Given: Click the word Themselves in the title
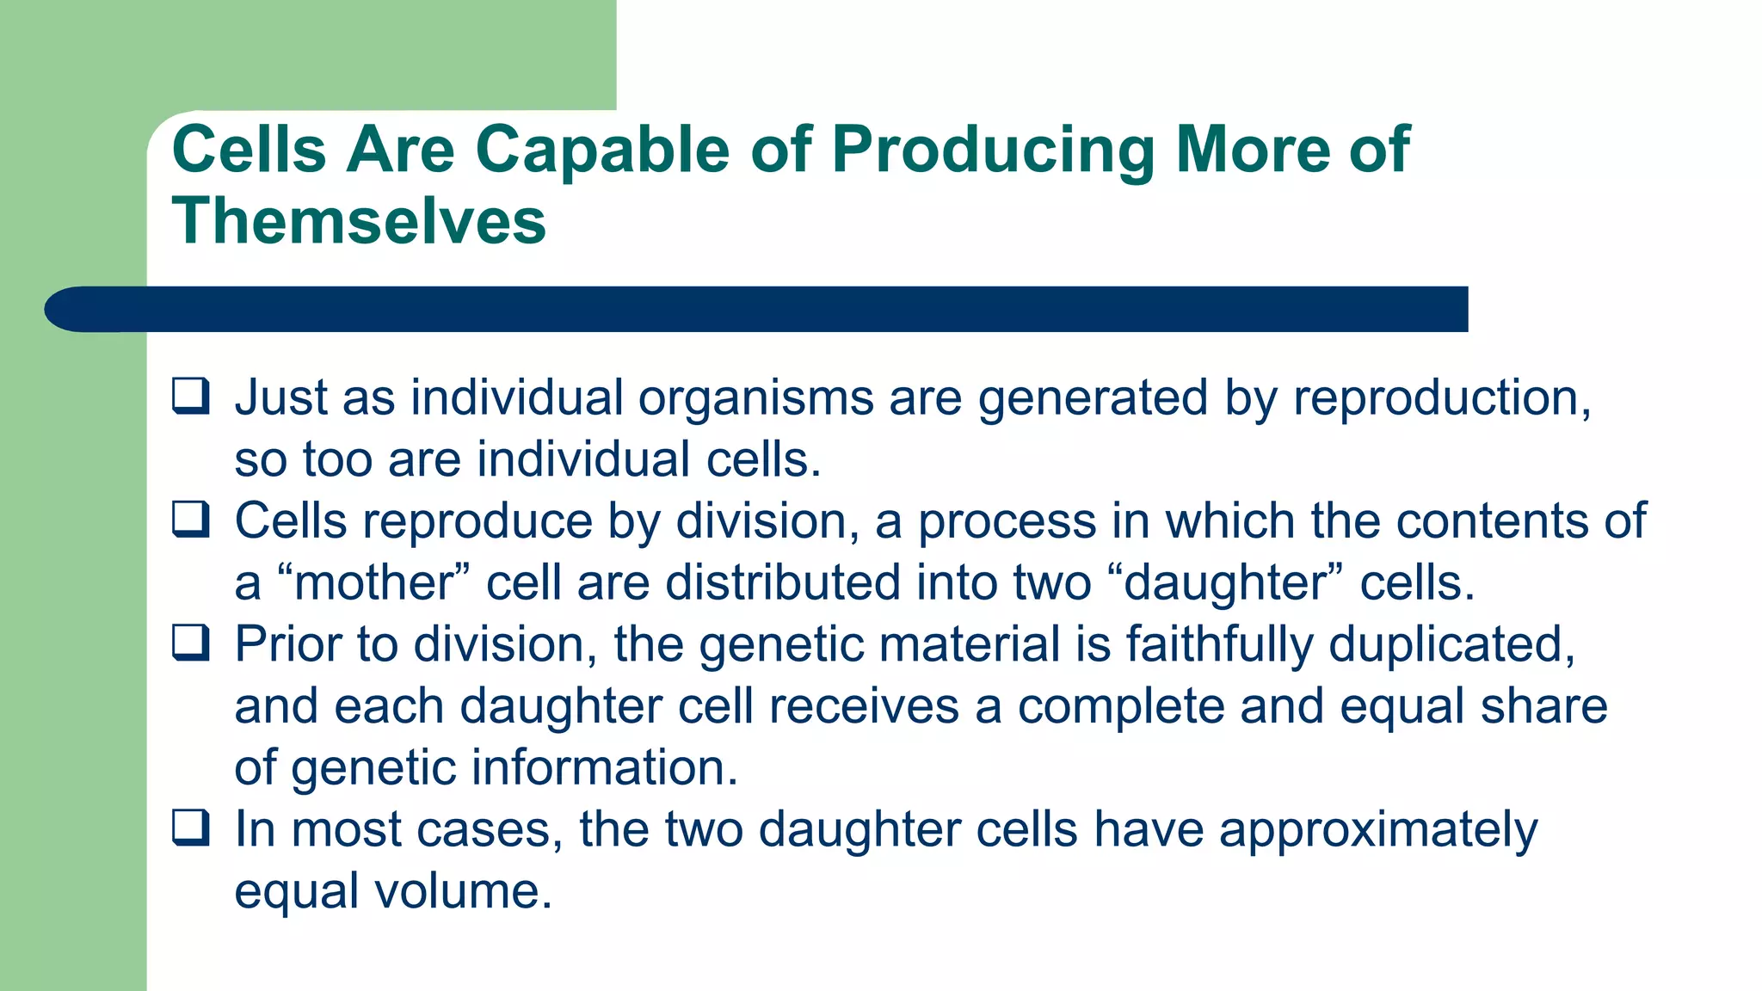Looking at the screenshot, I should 359,220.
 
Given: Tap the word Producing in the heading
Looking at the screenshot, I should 993,150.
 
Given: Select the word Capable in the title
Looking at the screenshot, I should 601,150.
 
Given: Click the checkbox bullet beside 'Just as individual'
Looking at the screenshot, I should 190,397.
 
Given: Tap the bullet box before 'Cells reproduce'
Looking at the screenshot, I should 190,520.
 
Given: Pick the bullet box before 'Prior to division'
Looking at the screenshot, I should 190,643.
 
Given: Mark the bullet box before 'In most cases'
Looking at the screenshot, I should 190,828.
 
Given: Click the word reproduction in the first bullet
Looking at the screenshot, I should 1441,398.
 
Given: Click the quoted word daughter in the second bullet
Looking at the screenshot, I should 1226,582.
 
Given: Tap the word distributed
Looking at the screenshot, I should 783,582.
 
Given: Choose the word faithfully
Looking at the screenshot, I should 1219,644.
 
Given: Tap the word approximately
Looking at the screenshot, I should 1377,830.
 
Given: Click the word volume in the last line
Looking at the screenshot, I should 461,890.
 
